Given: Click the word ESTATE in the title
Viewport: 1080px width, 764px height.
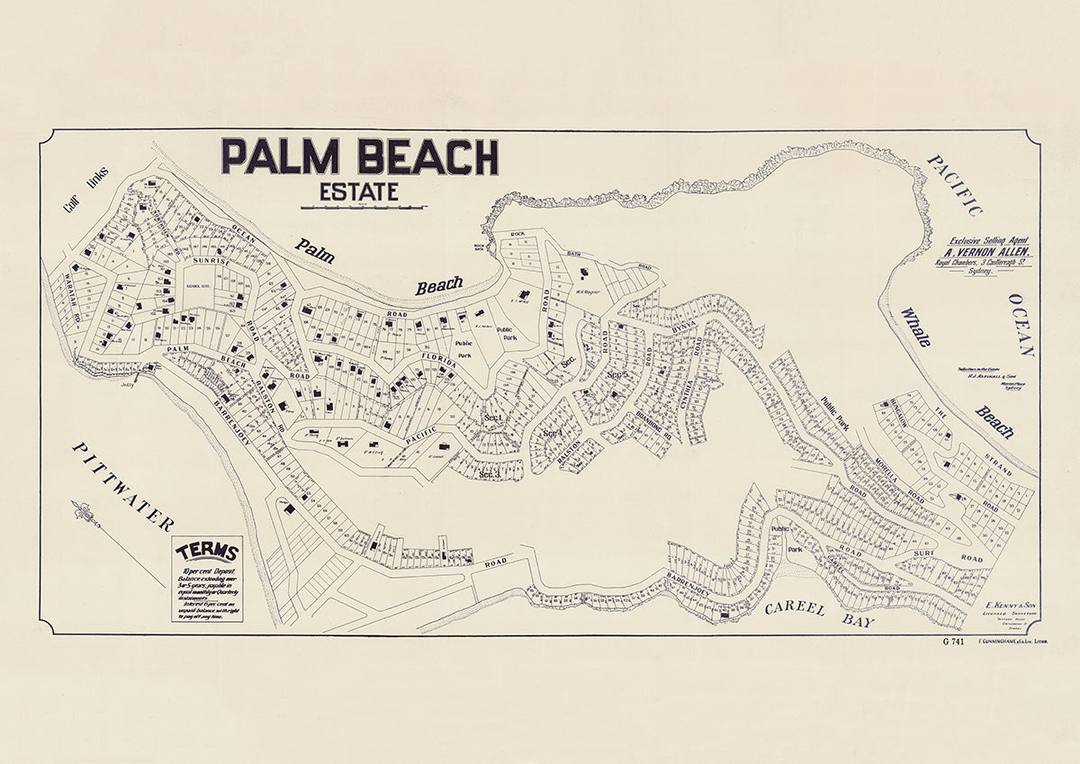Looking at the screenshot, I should (358, 193).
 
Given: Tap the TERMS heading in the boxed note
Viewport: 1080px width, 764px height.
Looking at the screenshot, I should (207, 552).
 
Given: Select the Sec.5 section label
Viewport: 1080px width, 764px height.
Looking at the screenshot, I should (616, 374).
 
